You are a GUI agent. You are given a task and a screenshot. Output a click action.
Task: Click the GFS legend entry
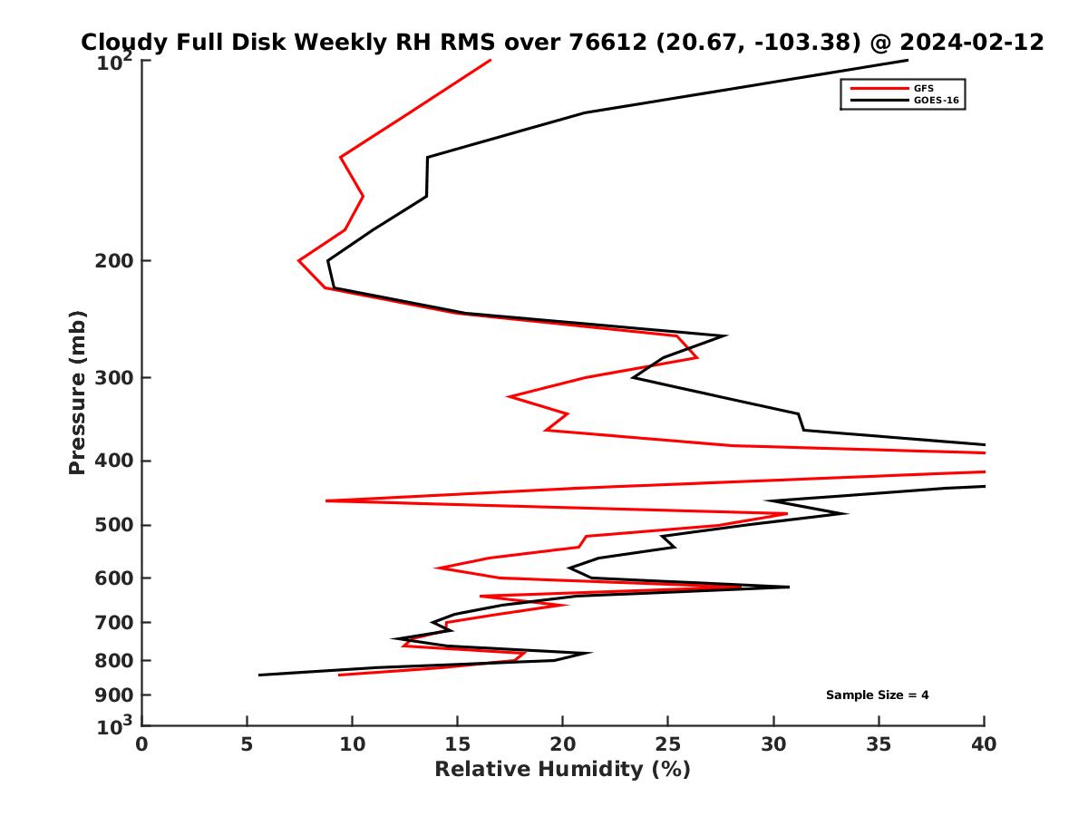coord(925,88)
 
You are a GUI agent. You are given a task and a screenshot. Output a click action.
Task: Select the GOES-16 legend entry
coord(935,101)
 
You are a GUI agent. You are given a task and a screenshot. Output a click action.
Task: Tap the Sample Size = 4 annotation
coord(877,695)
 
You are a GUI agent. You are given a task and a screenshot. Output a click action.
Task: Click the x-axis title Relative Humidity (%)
coord(562,770)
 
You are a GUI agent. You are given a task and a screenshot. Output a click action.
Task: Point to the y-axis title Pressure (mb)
coord(77,393)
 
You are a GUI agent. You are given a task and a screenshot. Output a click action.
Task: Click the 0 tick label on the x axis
coord(142,744)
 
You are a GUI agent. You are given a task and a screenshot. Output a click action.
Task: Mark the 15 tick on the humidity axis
coord(458,744)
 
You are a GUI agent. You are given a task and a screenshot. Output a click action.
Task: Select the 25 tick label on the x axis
coord(668,744)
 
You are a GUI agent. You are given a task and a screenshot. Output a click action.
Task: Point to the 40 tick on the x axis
coord(984,744)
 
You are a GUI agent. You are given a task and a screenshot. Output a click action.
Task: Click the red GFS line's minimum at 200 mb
coord(299,260)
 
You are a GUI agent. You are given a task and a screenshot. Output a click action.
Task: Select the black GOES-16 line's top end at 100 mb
coord(907,61)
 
